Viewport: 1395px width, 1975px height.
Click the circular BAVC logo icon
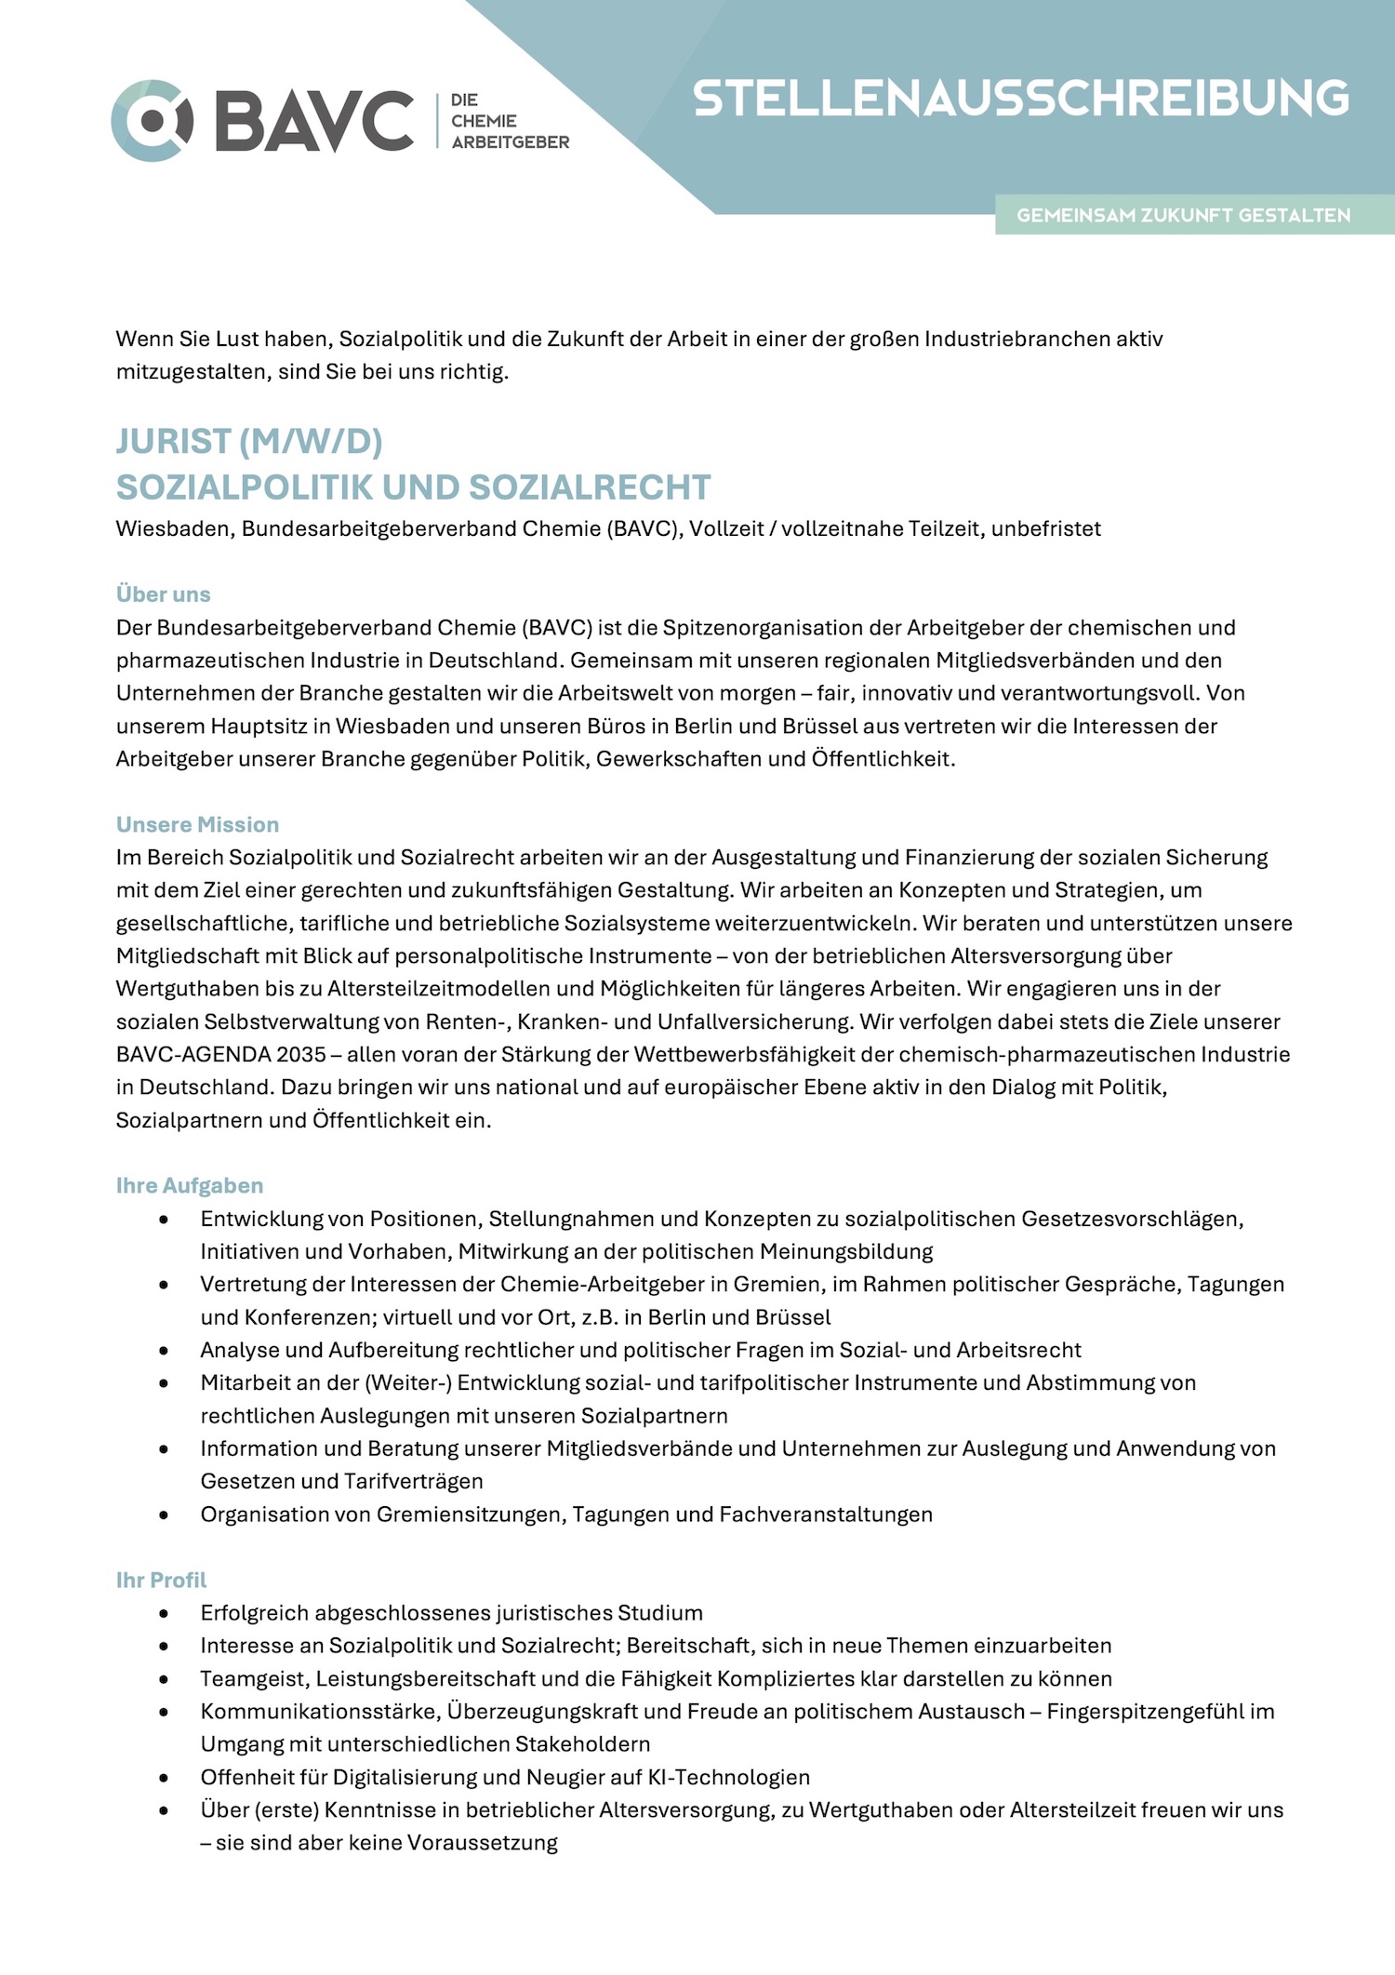[x=152, y=121]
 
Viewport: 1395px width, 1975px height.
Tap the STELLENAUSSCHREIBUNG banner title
[x=1020, y=99]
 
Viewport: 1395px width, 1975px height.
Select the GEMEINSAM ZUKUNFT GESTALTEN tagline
[x=1183, y=216]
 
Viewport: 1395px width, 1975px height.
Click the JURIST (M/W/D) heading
[x=249, y=442]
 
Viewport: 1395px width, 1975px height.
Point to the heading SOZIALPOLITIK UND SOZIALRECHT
[x=413, y=487]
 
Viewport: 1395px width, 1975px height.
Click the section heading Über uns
[x=164, y=594]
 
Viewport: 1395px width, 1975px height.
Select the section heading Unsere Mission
[x=197, y=824]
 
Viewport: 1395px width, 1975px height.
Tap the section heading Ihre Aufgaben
[x=190, y=1185]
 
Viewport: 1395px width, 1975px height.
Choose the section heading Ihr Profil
[x=161, y=1580]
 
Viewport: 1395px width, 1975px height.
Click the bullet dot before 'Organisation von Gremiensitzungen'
[x=165, y=1515]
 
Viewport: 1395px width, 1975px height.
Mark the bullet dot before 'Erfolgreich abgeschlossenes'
[x=165, y=1613]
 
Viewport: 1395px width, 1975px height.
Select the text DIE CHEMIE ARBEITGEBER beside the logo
[x=510, y=121]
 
